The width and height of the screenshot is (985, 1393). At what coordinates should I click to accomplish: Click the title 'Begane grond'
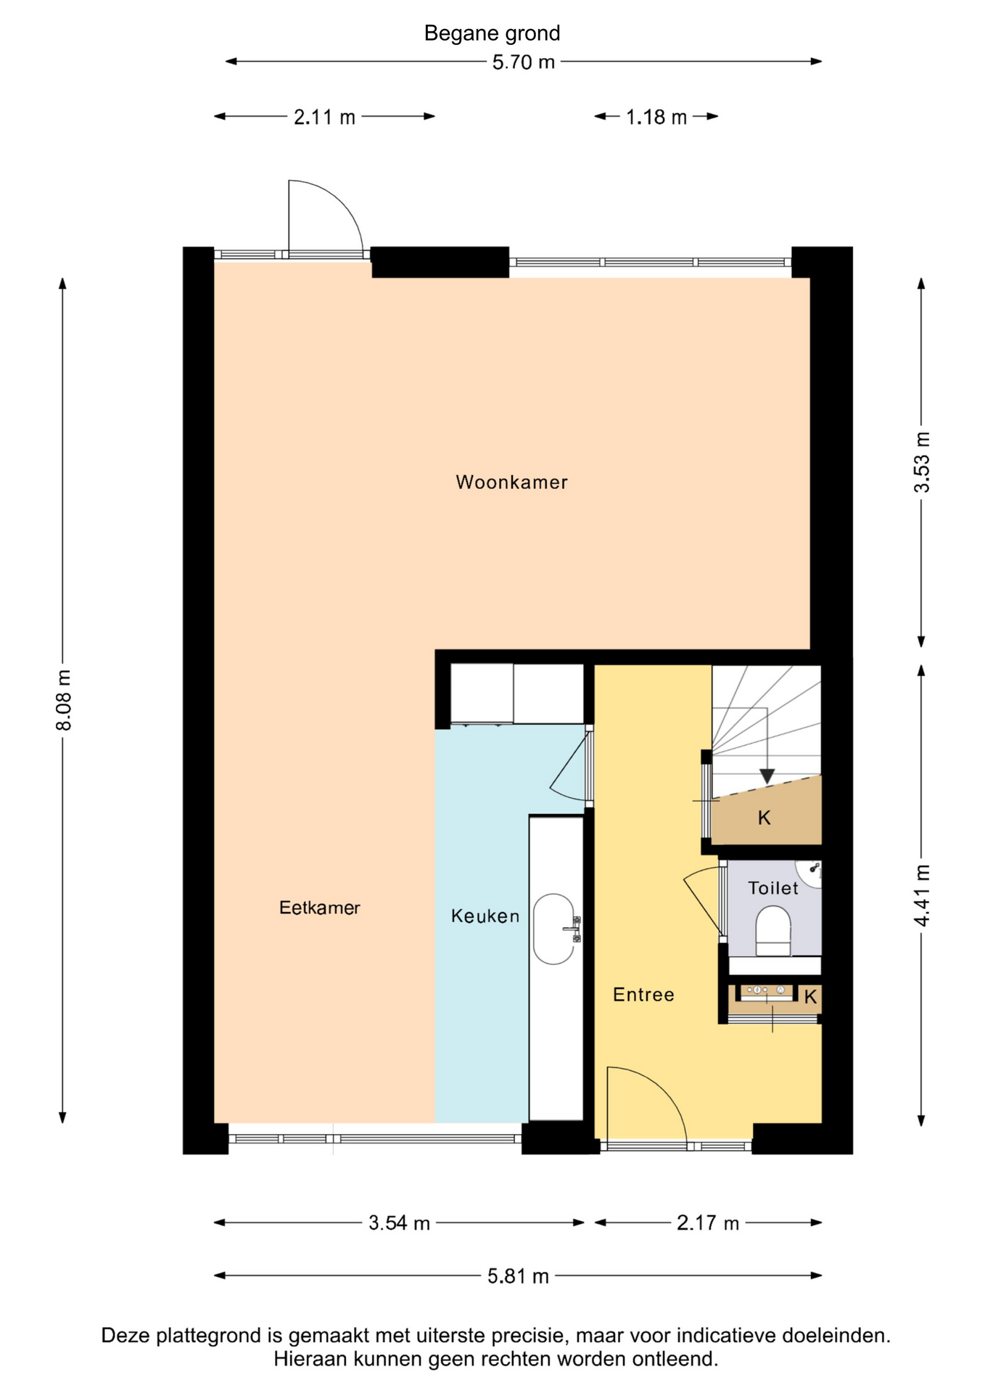492,33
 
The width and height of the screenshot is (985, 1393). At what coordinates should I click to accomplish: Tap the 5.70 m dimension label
523,62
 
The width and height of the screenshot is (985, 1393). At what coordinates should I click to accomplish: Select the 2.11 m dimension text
324,117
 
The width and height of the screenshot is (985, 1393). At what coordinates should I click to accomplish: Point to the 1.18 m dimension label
656,117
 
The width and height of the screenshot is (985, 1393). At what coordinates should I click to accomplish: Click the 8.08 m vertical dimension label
64,700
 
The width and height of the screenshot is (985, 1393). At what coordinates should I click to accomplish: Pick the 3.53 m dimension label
921,462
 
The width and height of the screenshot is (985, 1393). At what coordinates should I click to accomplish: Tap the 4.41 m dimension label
921,895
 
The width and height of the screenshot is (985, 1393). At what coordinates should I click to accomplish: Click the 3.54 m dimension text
399,1223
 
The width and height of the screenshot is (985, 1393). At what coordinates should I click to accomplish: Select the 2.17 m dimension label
707,1223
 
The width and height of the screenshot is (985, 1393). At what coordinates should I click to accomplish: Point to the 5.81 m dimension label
518,1276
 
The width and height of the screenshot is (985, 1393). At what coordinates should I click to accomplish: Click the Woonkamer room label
511,482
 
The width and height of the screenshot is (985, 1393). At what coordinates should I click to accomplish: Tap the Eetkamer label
320,908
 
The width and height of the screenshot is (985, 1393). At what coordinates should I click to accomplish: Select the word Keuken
485,916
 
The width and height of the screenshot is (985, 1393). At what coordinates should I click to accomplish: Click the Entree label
643,995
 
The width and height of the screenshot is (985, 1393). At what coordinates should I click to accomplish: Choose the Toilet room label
773,888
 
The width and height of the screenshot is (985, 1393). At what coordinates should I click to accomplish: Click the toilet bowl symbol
773,931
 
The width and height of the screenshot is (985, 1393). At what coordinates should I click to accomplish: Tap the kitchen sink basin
554,929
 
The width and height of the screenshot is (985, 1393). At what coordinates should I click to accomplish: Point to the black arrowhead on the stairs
767,776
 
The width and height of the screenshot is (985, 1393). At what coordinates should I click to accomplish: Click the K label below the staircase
764,818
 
